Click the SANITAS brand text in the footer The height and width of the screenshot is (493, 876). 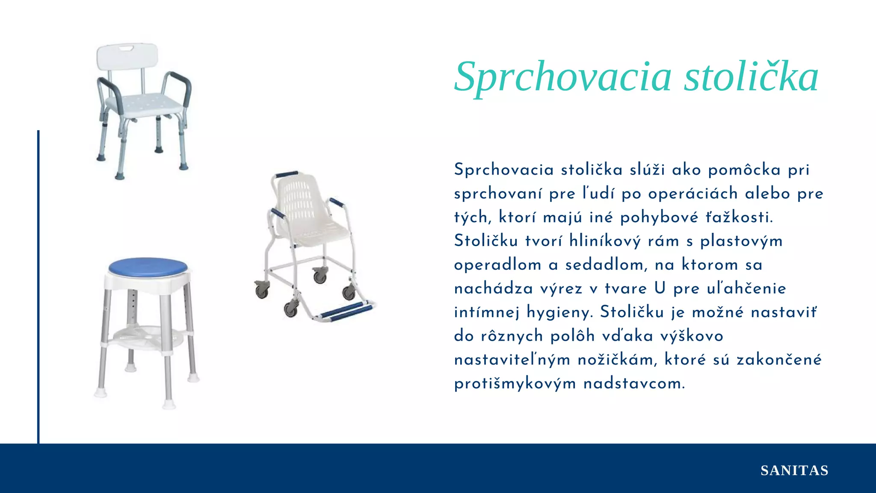794,470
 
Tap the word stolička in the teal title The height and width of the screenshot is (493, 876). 751,77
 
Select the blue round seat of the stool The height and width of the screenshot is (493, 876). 148,267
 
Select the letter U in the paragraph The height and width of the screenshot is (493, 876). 660,288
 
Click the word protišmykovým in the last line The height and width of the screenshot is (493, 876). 515,384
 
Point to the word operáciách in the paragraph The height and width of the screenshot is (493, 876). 693,194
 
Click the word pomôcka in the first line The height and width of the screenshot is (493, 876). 745,170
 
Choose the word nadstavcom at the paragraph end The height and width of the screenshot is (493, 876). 634,384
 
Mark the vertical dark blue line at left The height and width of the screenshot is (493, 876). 38,287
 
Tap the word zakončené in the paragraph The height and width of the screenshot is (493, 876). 779,360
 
